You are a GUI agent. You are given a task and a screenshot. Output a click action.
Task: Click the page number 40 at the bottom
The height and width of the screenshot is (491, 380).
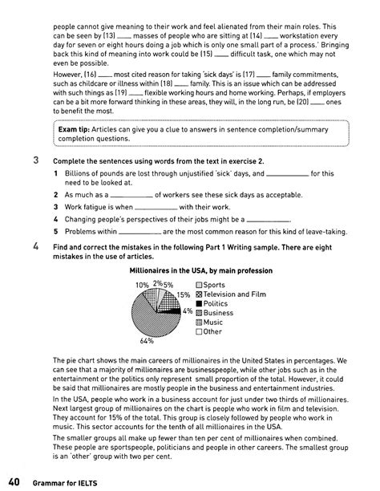click(x=14, y=481)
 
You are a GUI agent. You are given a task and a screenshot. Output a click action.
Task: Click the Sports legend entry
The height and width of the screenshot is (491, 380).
click(x=214, y=285)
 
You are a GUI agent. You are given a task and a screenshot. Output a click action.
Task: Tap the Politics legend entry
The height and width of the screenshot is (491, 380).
click(x=216, y=304)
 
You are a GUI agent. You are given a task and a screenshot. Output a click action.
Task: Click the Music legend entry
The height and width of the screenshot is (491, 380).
click(x=213, y=323)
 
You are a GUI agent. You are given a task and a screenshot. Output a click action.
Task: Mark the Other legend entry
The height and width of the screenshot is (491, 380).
click(x=212, y=331)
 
